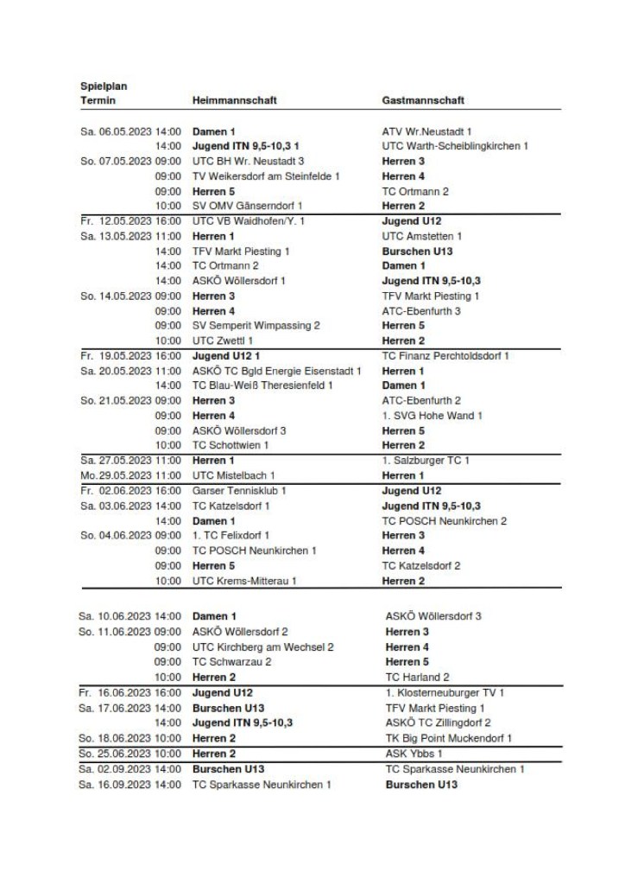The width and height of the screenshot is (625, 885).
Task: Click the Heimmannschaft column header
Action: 234,100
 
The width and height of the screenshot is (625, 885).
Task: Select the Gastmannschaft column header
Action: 423,100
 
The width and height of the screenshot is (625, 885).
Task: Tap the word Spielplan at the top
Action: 104,86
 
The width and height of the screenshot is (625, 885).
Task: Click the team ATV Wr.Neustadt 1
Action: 426,131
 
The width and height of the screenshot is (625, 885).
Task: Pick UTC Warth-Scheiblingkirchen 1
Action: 455,146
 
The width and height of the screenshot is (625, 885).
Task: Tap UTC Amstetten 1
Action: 422,236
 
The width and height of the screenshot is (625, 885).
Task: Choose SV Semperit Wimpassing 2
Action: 256,326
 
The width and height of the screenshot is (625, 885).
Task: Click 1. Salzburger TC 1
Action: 426,461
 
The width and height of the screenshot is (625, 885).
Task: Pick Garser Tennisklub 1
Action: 239,491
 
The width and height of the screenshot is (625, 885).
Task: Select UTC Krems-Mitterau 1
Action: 244,581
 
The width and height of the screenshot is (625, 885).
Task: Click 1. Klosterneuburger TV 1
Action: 445,692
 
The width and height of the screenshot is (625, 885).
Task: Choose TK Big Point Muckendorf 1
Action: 449,738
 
